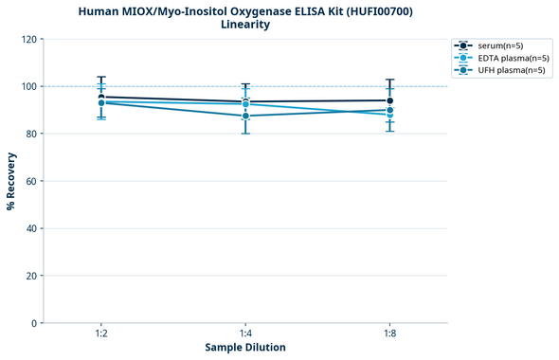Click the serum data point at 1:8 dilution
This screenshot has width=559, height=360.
coord(389,100)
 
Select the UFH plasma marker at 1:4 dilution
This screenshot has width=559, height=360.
coord(245,116)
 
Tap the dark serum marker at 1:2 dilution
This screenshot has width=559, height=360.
coord(101,97)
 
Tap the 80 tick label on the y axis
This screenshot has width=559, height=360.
coord(31,134)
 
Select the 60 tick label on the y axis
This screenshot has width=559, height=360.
coord(31,181)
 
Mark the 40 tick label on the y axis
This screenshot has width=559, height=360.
coord(31,228)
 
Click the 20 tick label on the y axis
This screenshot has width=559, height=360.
coord(31,276)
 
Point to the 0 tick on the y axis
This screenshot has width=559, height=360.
coord(34,323)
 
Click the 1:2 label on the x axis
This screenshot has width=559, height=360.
coord(101,334)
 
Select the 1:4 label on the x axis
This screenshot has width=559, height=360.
coord(245,334)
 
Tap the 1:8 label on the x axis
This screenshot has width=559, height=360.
coord(389,334)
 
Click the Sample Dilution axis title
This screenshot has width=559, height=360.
coord(245,348)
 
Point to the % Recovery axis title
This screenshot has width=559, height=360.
coord(10,181)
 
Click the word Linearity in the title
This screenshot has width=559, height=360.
coord(245,25)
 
